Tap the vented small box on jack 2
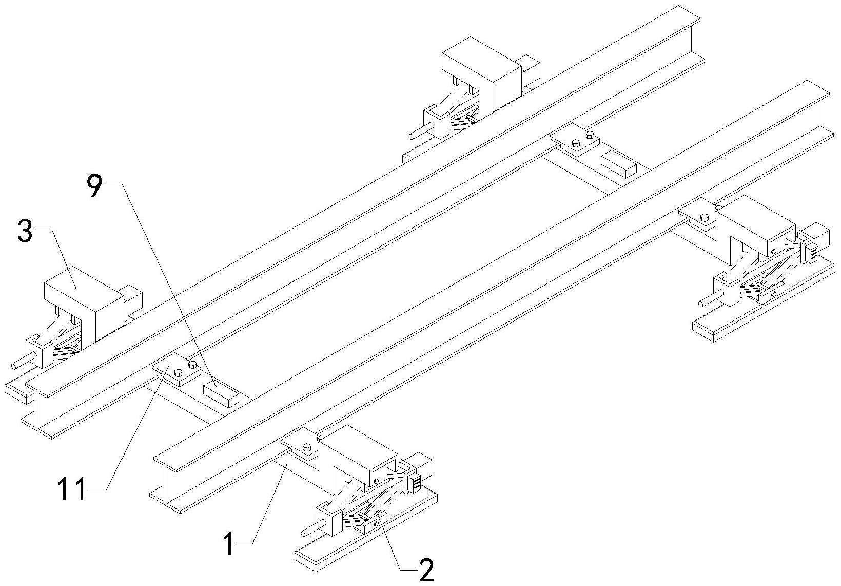tap(414, 483)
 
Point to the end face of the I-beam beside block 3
tap(37, 410)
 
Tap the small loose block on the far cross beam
tap(619, 165)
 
